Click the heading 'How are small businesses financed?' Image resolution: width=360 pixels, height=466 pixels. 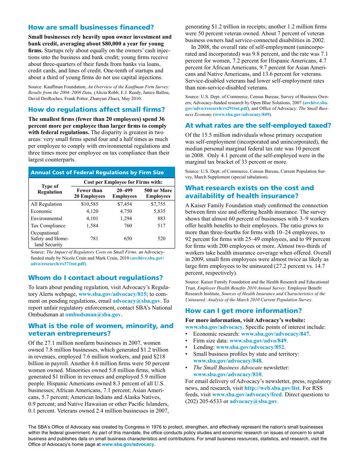coord(91,27)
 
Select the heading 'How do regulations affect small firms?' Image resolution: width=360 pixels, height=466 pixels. coord(96,109)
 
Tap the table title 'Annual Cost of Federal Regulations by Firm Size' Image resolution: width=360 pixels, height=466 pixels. coord(97,172)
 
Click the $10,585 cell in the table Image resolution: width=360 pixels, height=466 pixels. coord(89,204)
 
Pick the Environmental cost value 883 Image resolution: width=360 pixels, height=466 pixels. coord(161,219)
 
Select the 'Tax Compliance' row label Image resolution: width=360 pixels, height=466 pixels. coord(48,226)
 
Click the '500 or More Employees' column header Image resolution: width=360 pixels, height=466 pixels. coord(158,193)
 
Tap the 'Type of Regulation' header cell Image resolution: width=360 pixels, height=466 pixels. coord(50,189)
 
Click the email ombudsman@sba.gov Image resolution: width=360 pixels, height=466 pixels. coord(93,314)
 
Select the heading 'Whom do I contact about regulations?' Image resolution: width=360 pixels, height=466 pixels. coord(95,278)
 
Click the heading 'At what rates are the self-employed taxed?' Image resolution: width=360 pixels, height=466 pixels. coord(258,125)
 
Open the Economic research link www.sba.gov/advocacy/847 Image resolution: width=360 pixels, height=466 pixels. coord(275,334)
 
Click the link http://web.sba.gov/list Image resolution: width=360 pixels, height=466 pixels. coord(272,388)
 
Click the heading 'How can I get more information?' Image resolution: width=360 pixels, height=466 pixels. coord(243,311)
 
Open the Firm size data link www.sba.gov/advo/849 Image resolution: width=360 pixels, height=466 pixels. coord(258,341)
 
